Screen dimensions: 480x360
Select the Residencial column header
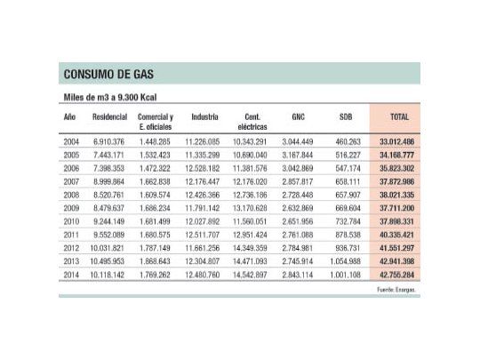click(109, 116)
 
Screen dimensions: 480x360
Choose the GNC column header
click(297, 116)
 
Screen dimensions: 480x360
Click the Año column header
click(69, 116)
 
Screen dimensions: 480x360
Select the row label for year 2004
click(71, 141)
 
